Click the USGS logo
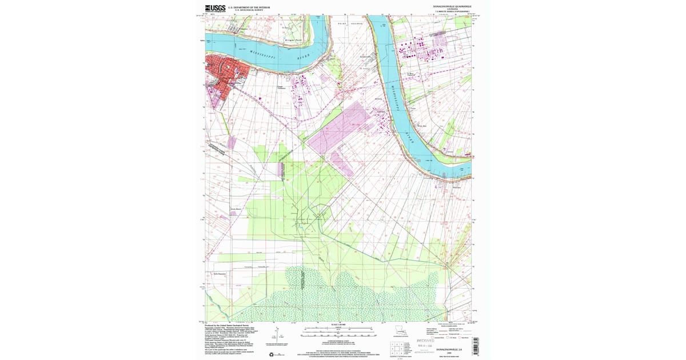[x=215, y=8]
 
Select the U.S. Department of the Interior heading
[x=249, y=7]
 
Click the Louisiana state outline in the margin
[x=401, y=330]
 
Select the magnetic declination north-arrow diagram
[x=277, y=337]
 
